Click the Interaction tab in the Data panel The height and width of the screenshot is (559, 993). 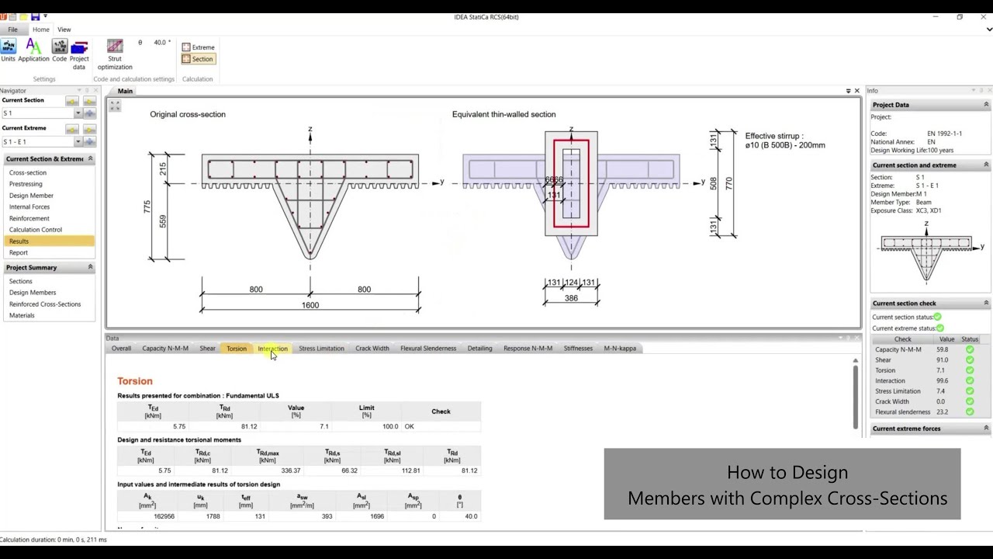coord(272,349)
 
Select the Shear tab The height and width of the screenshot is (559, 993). coord(207,349)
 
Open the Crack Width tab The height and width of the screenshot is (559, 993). coord(372,349)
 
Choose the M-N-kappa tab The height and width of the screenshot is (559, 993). coord(620,349)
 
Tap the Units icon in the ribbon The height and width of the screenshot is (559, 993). coord(8,50)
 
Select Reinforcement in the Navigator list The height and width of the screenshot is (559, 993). coord(29,218)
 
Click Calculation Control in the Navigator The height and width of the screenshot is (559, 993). coord(36,230)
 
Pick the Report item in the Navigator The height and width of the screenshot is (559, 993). coord(19,252)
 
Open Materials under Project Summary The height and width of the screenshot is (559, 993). coord(22,315)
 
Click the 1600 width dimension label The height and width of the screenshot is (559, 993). coord(310,305)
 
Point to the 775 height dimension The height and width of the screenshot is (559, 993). coord(147,207)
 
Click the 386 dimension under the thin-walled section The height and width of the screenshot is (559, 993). coord(571,298)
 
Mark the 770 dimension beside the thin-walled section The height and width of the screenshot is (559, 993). coord(728,184)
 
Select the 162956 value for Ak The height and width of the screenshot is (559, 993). coord(164,516)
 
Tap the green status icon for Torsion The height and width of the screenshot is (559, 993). coord(970,370)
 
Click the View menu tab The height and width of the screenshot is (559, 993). coord(64,30)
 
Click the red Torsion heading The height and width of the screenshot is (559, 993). coord(135,381)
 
